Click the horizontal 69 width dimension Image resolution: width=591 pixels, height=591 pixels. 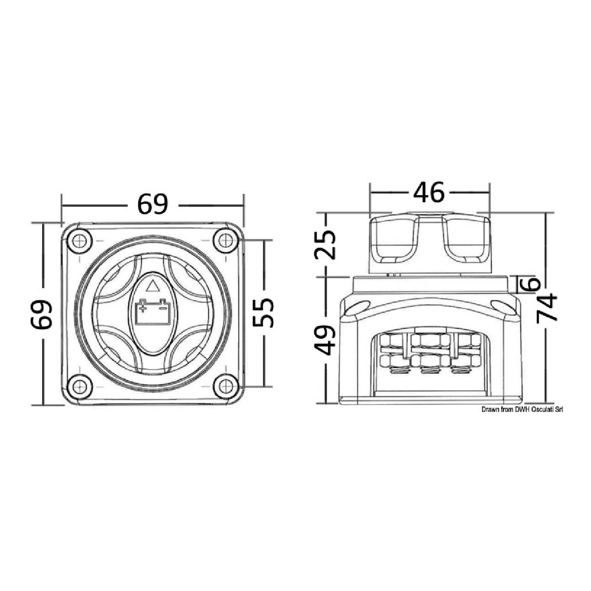pyautogui.click(x=152, y=204)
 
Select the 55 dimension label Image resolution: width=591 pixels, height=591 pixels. pyautogui.click(x=264, y=313)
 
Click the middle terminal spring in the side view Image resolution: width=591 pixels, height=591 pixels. pyautogui.click(x=428, y=371)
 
